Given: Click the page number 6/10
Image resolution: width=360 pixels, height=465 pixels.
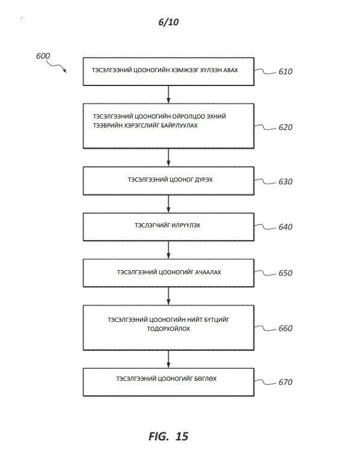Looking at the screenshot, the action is click(168, 22).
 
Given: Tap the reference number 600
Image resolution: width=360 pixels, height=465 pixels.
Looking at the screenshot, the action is click(43, 56).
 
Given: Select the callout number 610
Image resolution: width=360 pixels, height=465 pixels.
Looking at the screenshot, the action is click(285, 72).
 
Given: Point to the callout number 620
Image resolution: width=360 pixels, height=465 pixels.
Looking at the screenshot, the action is click(285, 127).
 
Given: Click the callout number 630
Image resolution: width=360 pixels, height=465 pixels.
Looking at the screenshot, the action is click(285, 182).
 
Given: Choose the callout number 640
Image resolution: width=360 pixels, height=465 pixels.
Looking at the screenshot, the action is click(285, 227).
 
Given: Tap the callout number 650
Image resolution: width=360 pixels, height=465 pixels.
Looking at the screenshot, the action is click(285, 273).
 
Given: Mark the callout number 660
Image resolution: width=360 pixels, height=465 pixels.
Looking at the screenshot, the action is click(285, 328).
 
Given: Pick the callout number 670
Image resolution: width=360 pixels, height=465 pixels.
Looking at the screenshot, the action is click(285, 382).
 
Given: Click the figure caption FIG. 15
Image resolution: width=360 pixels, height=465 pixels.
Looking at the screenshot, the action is click(168, 436).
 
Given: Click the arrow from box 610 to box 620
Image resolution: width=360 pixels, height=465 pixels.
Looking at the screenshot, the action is click(168, 94).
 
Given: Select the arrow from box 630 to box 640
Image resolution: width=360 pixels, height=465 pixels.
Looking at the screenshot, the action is click(168, 204).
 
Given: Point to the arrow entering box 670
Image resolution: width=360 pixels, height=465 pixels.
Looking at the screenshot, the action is click(168, 359).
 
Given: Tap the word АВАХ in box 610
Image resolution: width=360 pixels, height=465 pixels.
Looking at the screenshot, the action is click(231, 70).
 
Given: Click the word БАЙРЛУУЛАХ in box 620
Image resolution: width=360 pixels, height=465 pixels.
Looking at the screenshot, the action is click(179, 126).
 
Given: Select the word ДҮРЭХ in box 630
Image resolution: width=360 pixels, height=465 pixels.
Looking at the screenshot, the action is click(204, 180).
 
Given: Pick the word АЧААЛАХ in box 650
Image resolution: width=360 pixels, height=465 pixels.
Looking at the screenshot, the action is click(208, 273).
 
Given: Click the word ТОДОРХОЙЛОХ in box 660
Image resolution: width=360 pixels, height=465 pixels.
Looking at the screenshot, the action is click(168, 329).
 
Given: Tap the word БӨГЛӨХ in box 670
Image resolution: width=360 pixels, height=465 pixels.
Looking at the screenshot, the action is click(206, 379).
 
